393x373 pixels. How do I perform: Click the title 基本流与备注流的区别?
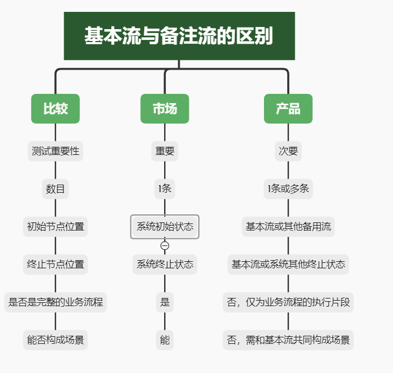point(179,36)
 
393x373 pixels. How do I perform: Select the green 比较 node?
point(55,108)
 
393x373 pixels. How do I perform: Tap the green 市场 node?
point(165,108)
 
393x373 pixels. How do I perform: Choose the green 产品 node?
point(288,108)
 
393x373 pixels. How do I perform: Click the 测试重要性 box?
point(55,151)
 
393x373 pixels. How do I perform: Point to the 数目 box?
point(55,189)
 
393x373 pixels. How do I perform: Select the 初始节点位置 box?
point(55,227)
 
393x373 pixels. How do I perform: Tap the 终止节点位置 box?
point(55,265)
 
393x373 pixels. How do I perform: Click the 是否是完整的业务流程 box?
point(55,302)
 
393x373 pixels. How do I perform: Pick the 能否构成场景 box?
point(55,340)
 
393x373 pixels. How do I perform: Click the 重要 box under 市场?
point(165,151)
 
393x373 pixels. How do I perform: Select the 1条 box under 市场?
point(165,189)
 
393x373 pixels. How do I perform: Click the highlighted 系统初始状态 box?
point(165,227)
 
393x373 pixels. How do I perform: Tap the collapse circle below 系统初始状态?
point(165,246)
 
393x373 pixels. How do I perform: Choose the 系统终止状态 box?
point(165,265)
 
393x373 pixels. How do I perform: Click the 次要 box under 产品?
point(288,151)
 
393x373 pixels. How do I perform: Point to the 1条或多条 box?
point(288,189)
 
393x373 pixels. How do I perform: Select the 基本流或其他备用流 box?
point(288,227)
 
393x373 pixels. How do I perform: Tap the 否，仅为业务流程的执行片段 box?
point(288,302)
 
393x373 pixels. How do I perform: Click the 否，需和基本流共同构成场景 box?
point(288,340)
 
